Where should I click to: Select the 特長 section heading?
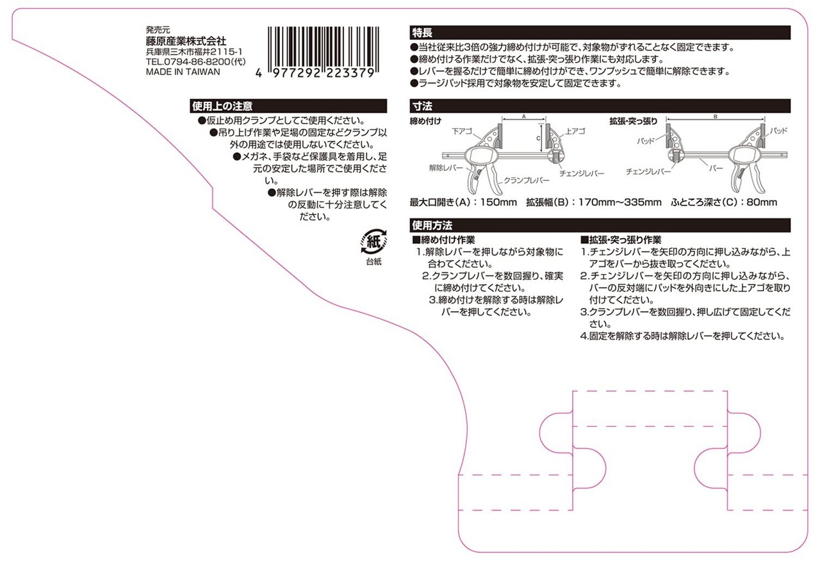point(423,32)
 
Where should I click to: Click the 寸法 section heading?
point(423,106)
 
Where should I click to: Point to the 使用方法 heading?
point(432,225)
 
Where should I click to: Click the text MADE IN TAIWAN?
point(183,72)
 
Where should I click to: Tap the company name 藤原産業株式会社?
point(186,40)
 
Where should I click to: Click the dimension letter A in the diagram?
point(523,117)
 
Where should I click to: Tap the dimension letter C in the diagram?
point(539,137)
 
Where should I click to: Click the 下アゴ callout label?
point(462,131)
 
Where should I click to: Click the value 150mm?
point(498,203)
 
